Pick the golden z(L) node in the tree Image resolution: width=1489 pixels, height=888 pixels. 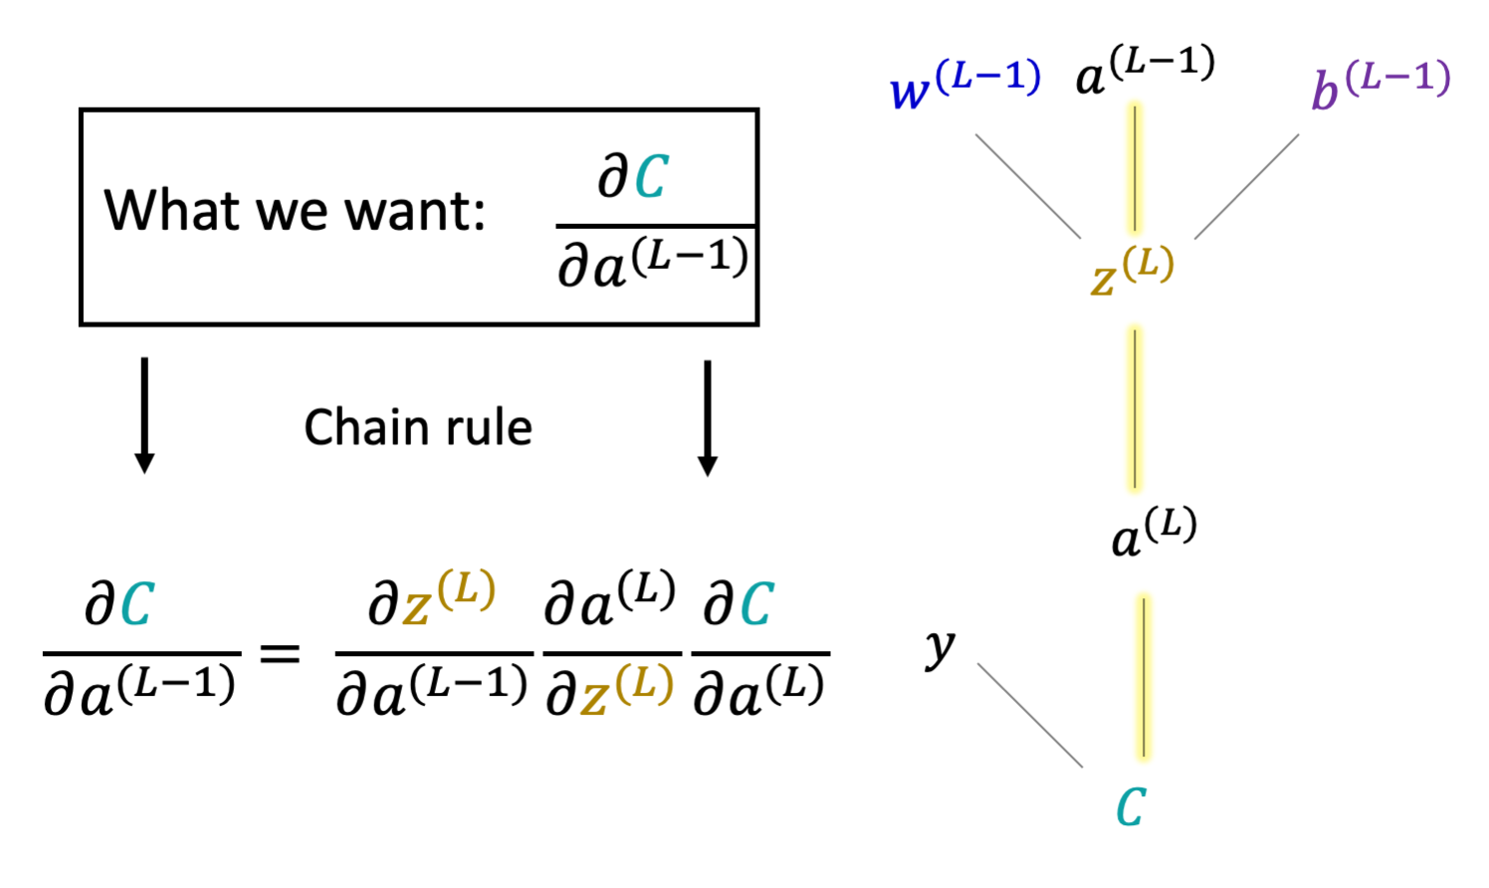pos(1132,272)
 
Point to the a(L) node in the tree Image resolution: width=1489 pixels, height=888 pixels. pos(1153,533)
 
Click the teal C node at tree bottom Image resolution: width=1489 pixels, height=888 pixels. pos(1131,806)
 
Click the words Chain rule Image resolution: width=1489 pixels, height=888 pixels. pos(418,428)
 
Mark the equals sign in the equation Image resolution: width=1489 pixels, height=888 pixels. pos(280,654)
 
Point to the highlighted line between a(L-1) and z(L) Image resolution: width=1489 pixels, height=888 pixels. pos(1135,166)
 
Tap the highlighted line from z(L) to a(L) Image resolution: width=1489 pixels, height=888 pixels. pos(1135,408)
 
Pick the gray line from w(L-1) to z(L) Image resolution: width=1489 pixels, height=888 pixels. pos(1027,186)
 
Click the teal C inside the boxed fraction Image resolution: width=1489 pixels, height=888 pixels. pos(650,177)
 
